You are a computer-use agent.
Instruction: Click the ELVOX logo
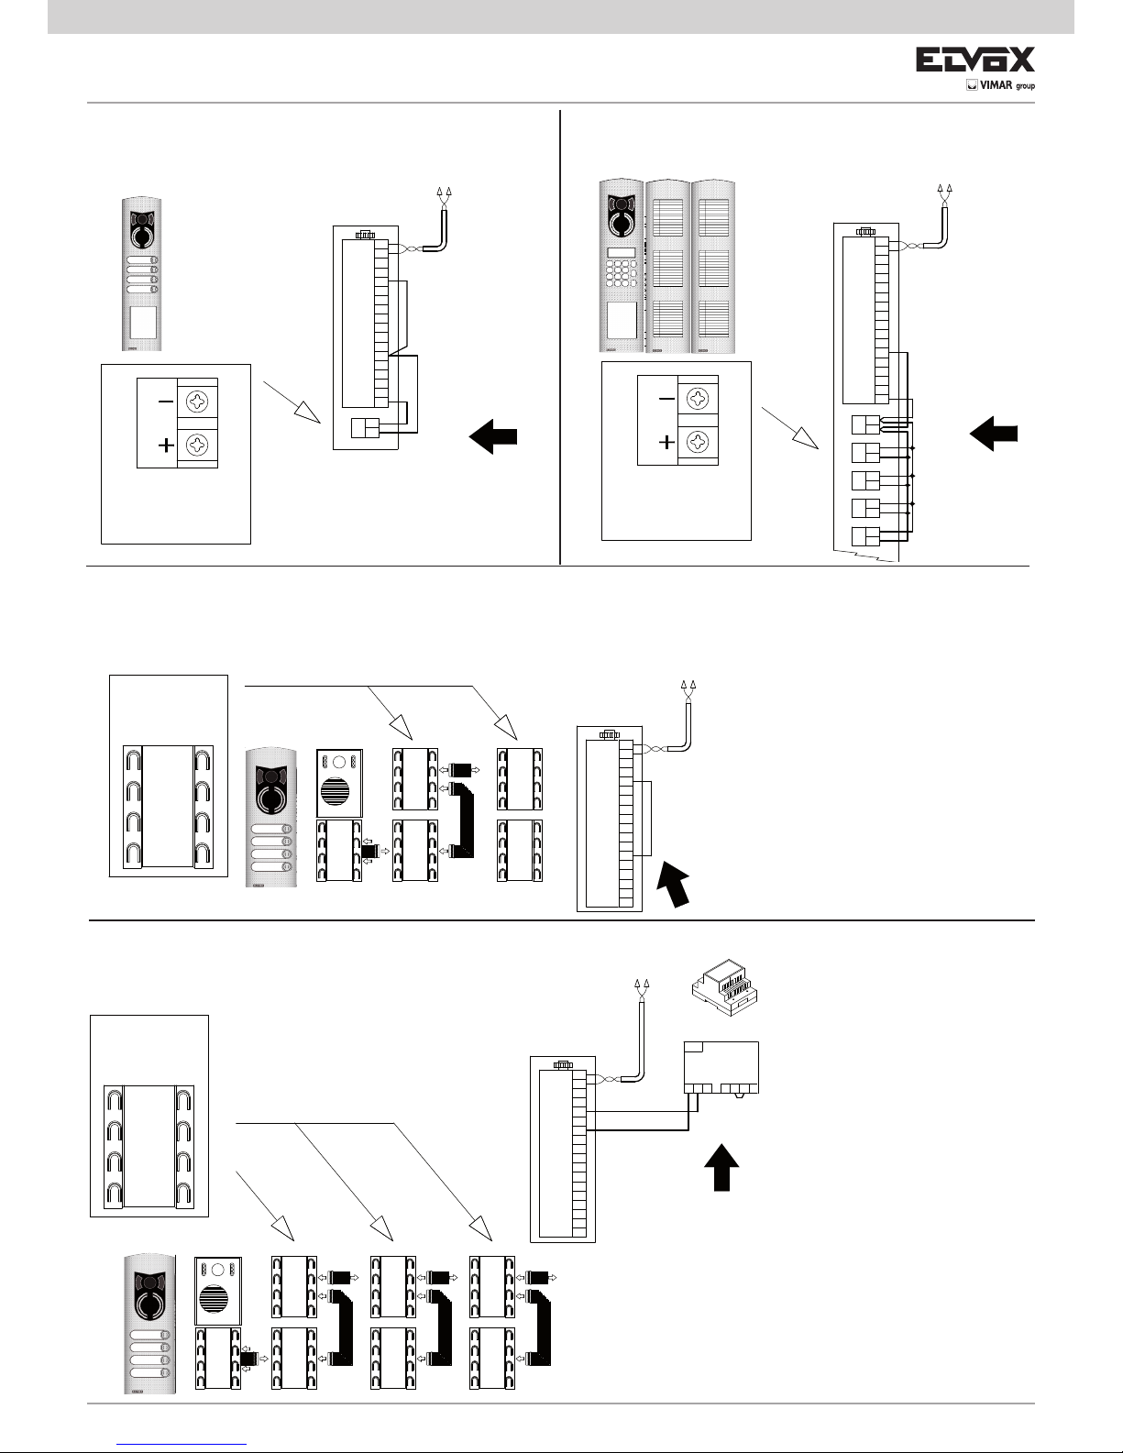click(976, 61)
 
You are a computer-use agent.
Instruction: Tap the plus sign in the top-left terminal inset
click(165, 446)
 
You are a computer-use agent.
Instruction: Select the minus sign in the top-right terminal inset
click(666, 399)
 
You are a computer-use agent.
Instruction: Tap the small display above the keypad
click(621, 252)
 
